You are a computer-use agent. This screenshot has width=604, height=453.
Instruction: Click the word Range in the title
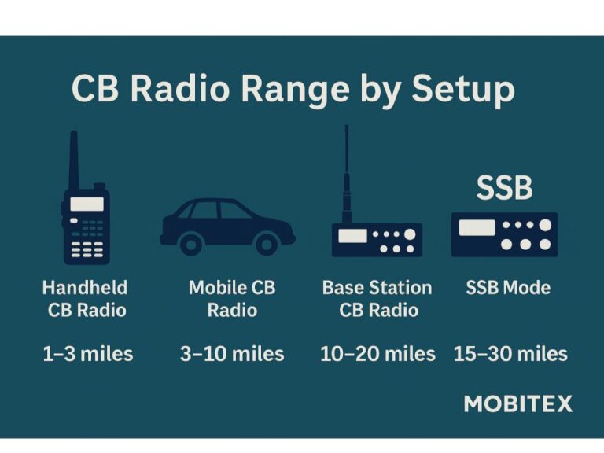[295, 90]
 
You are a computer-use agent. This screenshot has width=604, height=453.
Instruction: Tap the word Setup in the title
[463, 90]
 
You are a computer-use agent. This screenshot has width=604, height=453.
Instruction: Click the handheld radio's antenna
[74, 160]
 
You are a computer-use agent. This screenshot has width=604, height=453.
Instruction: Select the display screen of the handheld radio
[87, 204]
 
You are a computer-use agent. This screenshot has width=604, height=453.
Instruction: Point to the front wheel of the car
[267, 244]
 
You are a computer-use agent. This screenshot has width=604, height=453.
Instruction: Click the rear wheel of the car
[191, 244]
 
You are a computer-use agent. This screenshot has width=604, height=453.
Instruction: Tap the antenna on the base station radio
[347, 174]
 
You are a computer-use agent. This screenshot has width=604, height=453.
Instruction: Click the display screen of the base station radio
[352, 236]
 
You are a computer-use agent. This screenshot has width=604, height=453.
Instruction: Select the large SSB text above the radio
[505, 188]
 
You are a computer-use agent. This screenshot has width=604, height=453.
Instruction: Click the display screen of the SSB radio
[477, 227]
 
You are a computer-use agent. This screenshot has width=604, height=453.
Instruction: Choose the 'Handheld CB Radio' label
[86, 299]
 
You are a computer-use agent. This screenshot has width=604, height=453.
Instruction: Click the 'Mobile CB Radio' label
[232, 299]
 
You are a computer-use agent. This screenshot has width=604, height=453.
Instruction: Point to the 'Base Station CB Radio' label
[377, 299]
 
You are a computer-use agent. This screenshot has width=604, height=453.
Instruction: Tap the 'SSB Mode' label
[508, 288]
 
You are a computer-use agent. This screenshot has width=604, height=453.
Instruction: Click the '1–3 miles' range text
[88, 354]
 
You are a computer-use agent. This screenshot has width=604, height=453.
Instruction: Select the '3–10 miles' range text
[232, 354]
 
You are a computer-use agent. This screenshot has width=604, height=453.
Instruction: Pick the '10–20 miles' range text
[377, 354]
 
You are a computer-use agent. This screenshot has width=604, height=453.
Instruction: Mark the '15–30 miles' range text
[510, 354]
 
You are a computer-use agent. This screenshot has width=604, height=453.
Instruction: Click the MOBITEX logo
[518, 404]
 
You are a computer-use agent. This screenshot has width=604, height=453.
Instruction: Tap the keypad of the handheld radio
[87, 249]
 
